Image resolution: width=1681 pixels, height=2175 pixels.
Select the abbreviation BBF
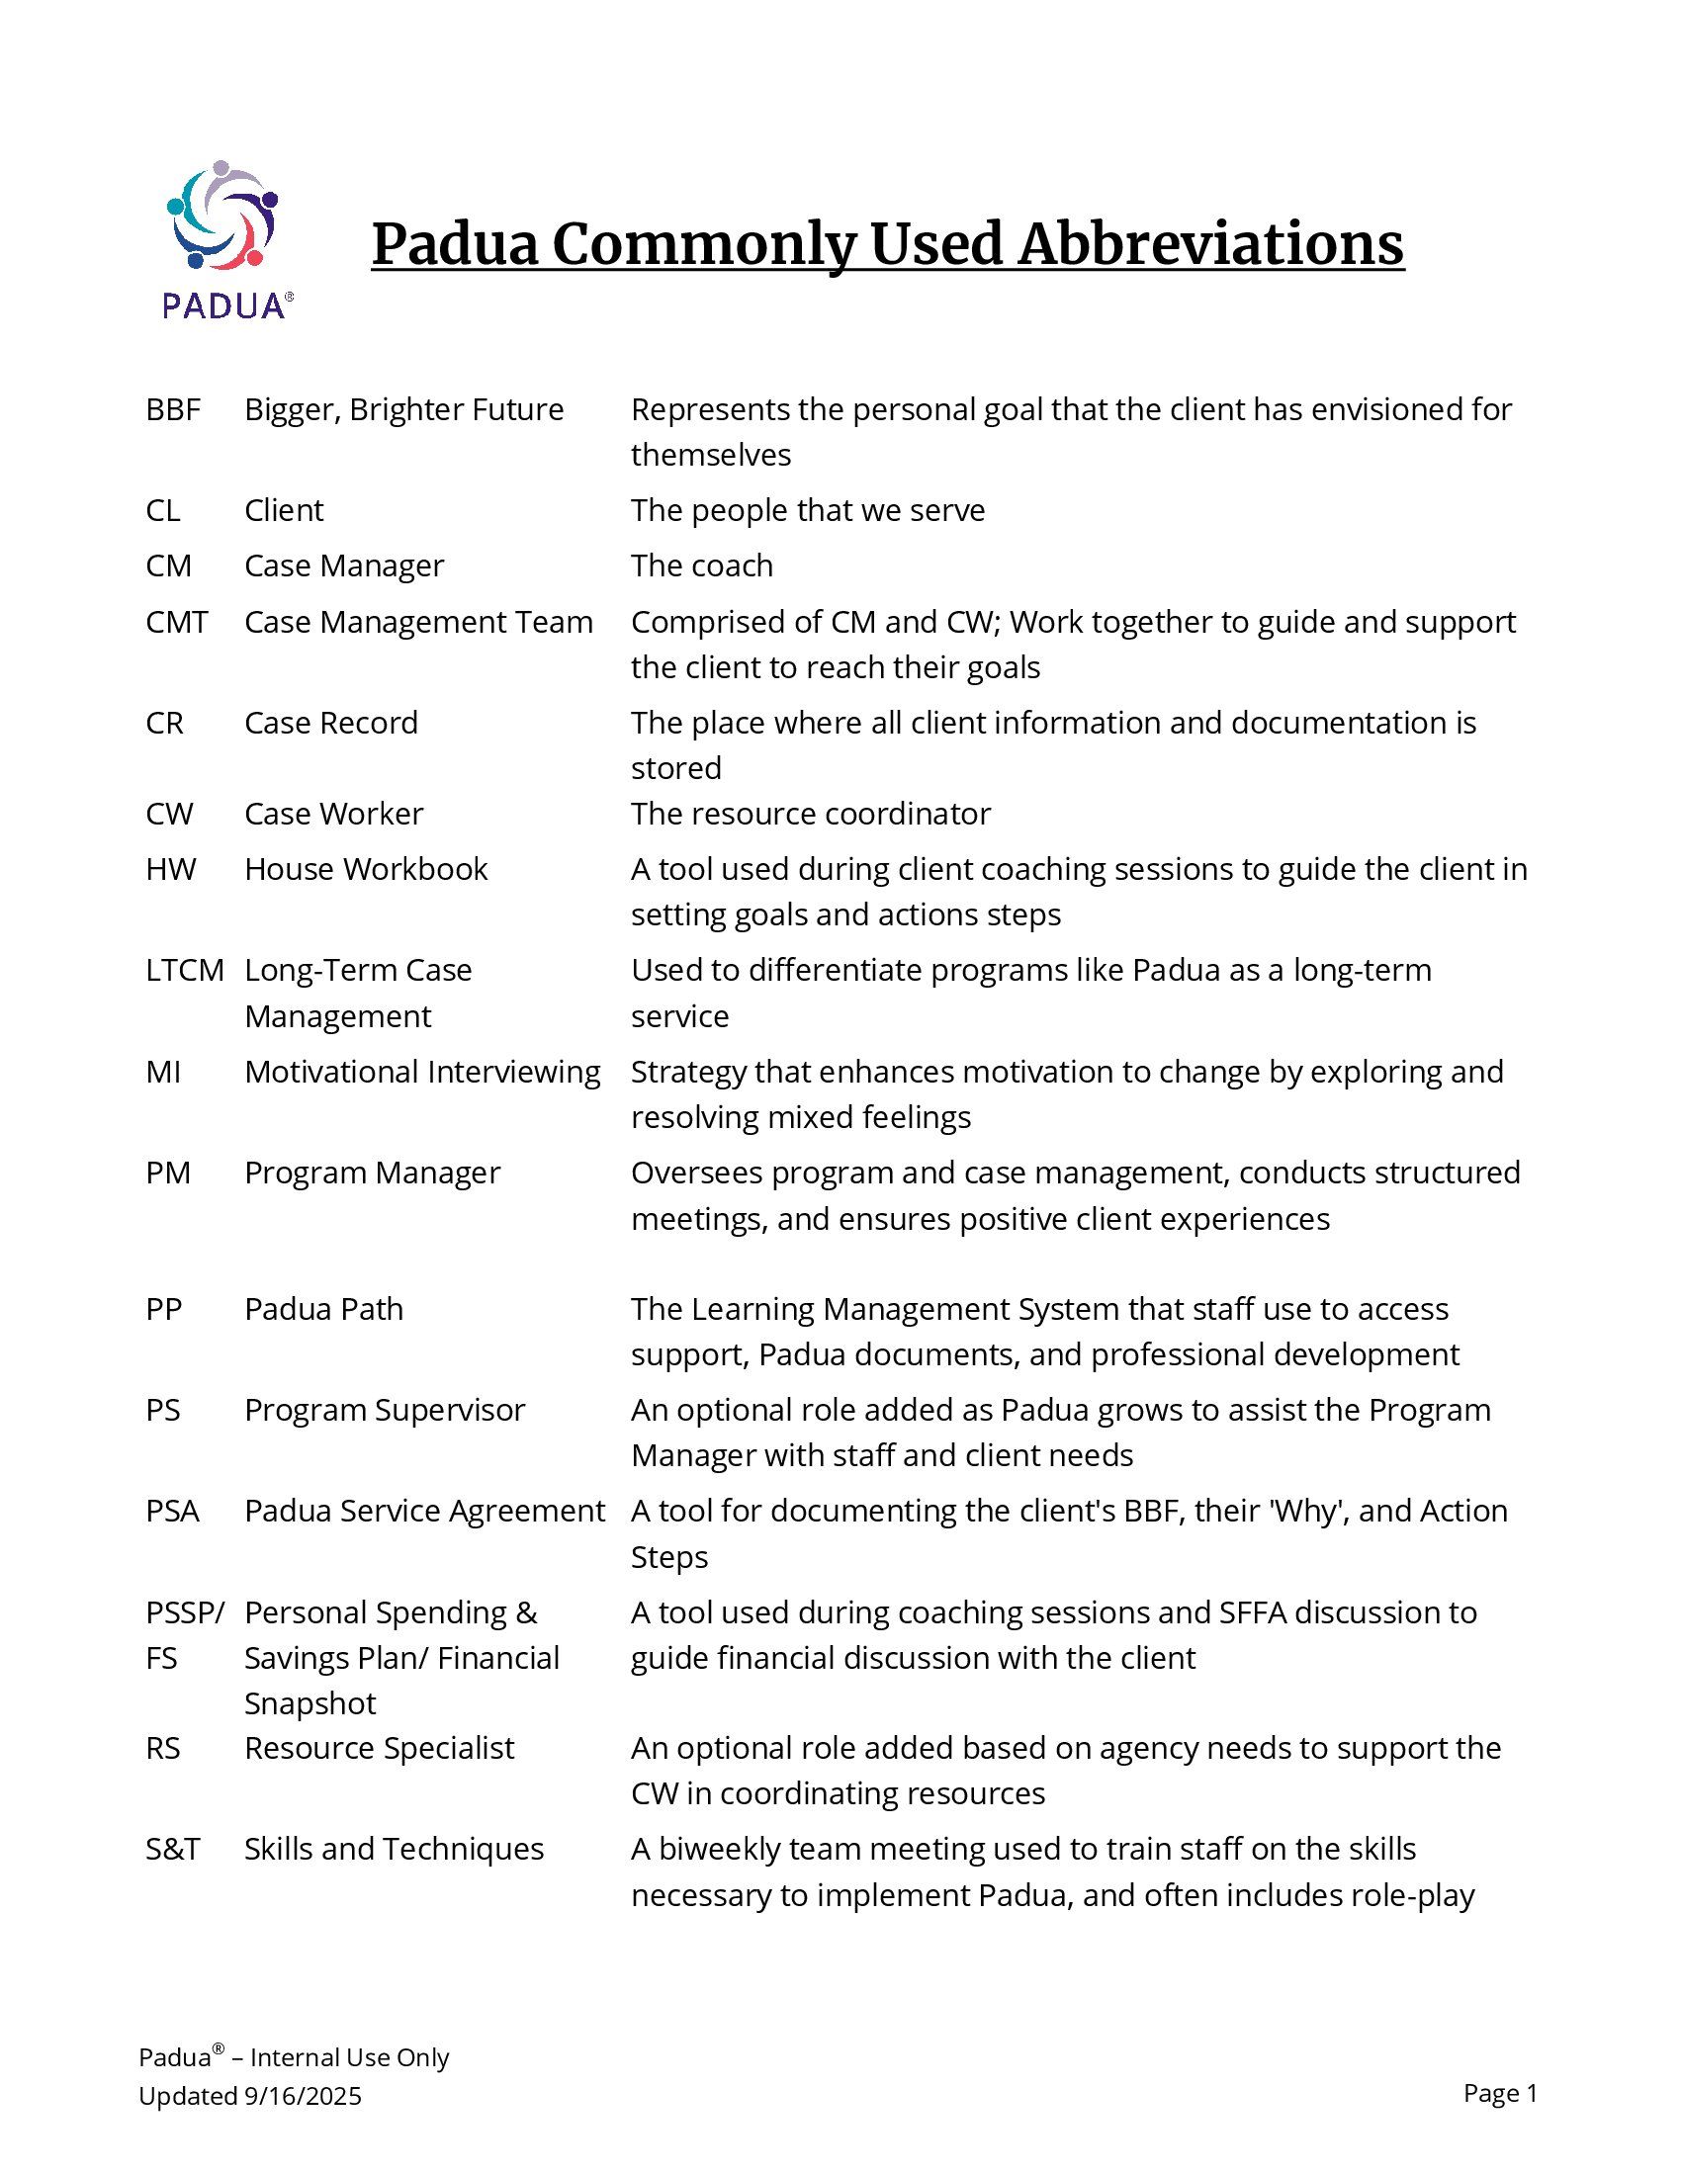point(172,409)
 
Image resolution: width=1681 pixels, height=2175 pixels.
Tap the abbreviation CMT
point(176,622)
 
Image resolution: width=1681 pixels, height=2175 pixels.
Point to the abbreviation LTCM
point(184,970)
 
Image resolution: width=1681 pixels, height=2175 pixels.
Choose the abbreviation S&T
point(172,1850)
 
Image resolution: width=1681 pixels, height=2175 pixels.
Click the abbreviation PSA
point(172,1511)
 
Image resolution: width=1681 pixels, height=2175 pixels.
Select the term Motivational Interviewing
point(422,1072)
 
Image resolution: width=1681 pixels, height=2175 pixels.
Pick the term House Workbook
point(366,869)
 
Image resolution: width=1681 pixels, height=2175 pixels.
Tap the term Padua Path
point(323,1309)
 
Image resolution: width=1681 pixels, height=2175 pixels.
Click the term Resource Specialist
point(380,1748)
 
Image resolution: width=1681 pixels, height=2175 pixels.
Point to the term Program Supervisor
point(385,1410)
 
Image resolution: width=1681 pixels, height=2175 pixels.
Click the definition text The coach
point(701,565)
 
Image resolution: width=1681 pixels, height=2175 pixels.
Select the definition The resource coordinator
point(811,814)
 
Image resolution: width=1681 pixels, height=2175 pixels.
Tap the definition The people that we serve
point(808,510)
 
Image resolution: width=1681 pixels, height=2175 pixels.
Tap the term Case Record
point(330,723)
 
